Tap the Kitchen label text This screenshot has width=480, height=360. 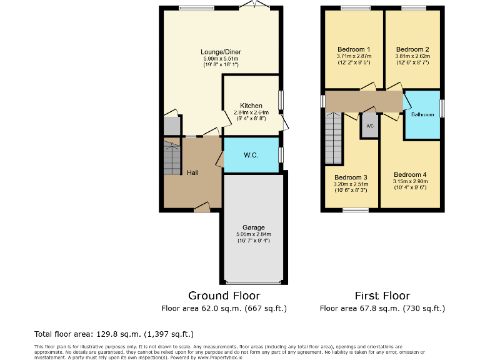click(251, 106)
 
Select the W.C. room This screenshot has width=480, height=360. click(251, 154)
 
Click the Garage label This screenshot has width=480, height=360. click(254, 227)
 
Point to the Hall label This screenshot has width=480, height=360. click(192, 172)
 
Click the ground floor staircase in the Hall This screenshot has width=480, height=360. click(172, 157)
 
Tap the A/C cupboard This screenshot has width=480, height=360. click(369, 126)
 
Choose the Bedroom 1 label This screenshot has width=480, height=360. click(354, 49)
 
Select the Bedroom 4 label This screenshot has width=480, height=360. click(410, 174)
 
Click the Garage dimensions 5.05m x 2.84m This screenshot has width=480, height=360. click(254, 234)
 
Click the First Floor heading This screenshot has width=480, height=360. click(382, 296)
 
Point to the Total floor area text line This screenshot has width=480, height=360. click(114, 334)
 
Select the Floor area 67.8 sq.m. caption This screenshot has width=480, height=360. click(382, 308)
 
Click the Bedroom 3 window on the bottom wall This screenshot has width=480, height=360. click(355, 210)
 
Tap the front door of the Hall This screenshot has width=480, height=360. click(202, 207)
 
